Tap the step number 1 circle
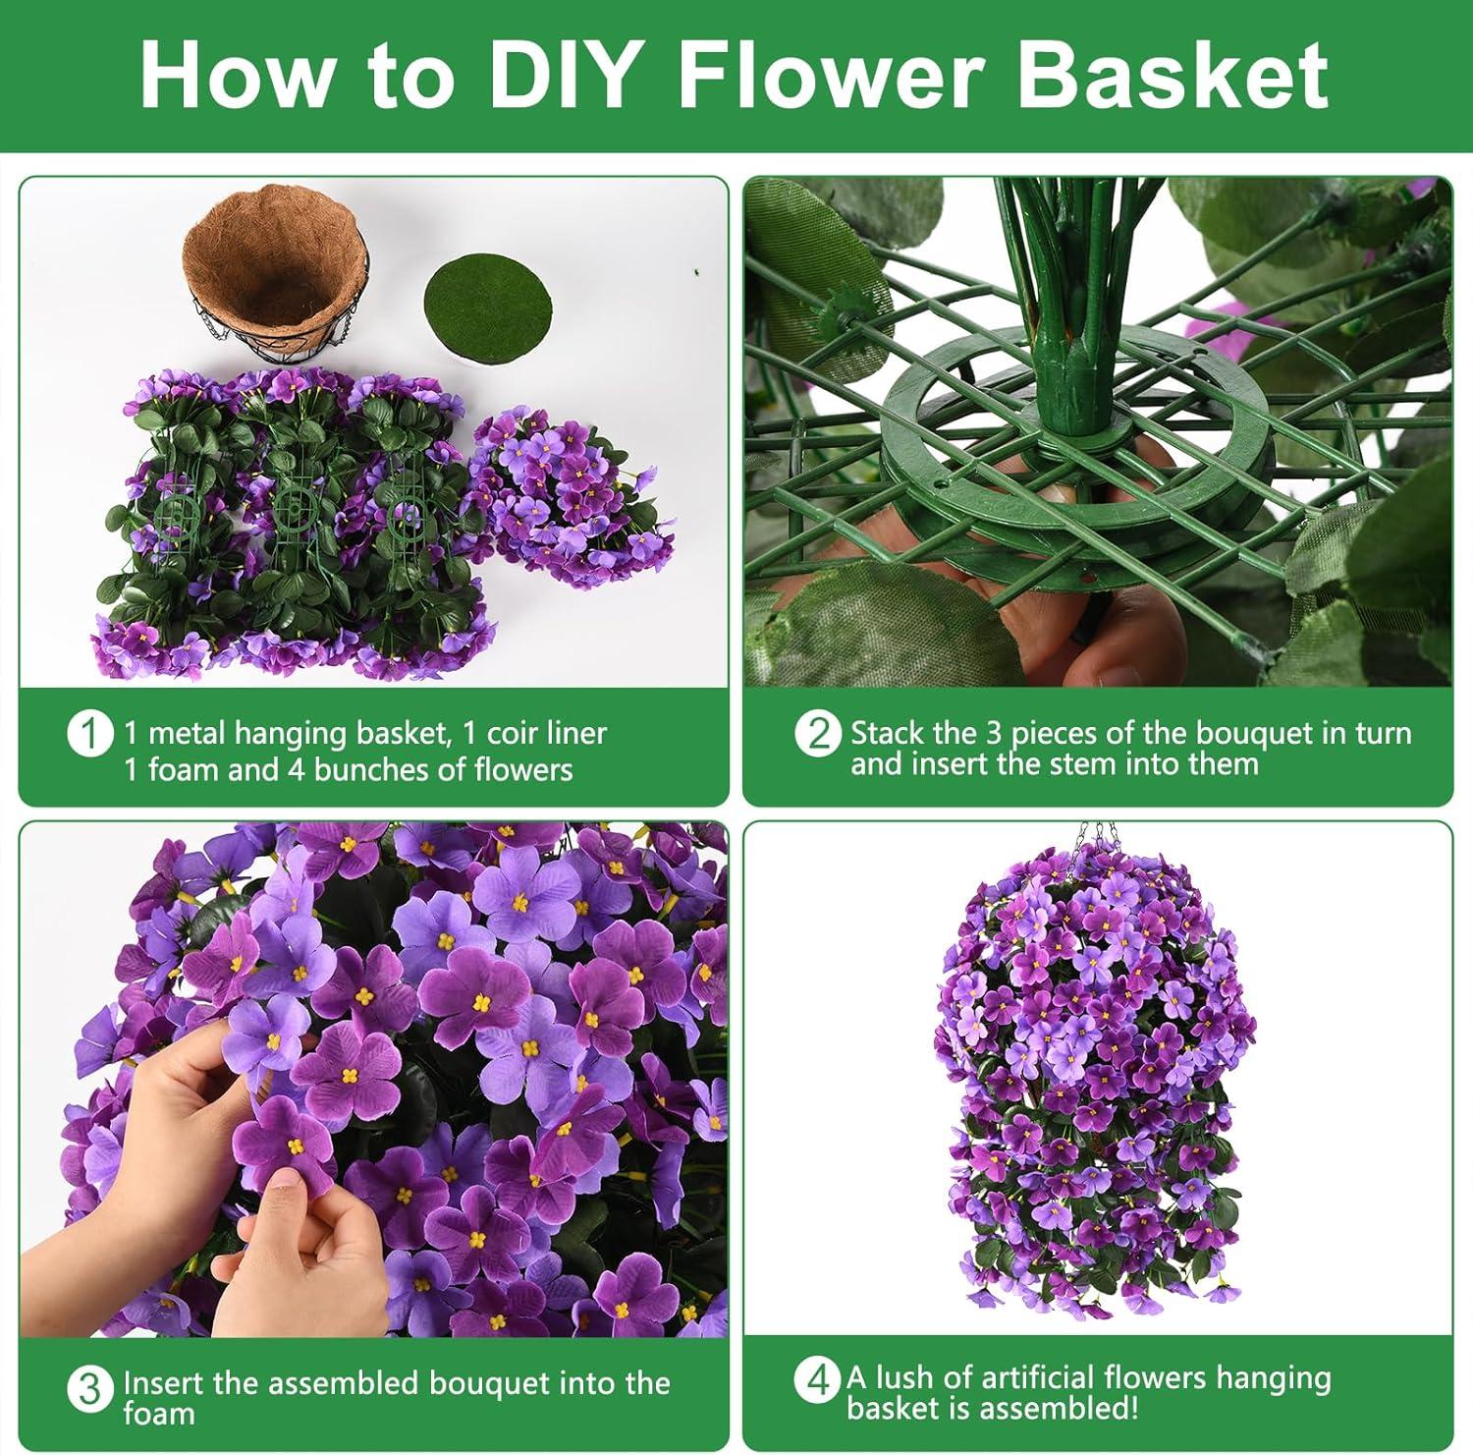click(x=88, y=734)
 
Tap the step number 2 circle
click(x=817, y=734)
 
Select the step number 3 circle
click(x=88, y=1389)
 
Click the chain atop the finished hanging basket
click(x=1095, y=841)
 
